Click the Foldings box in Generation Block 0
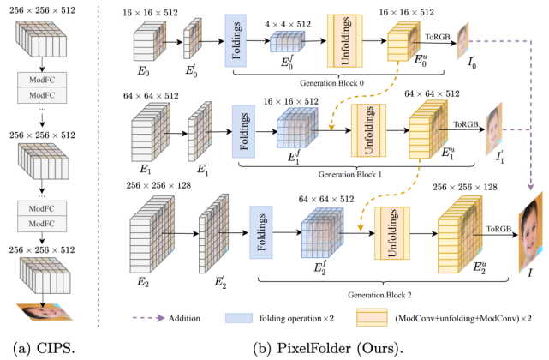click(x=236, y=40)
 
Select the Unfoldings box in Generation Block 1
click(x=368, y=130)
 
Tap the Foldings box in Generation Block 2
click(x=261, y=232)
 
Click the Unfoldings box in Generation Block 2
click(x=392, y=233)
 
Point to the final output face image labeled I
click(x=530, y=232)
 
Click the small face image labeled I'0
click(x=462, y=40)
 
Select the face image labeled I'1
click(x=493, y=129)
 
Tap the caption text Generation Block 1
click(x=349, y=175)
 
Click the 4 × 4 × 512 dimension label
click(x=288, y=24)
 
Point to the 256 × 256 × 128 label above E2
click(x=158, y=185)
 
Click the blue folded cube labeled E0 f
click(x=288, y=41)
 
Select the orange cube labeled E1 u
click(x=428, y=129)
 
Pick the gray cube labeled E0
click(x=150, y=40)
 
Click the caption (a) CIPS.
click(x=44, y=348)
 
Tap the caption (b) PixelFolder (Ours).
click(x=328, y=348)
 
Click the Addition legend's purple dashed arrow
click(x=149, y=318)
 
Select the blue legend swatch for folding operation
click(x=239, y=318)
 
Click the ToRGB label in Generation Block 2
click(x=498, y=229)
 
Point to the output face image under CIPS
click(x=45, y=312)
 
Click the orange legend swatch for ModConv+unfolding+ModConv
click(x=372, y=317)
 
